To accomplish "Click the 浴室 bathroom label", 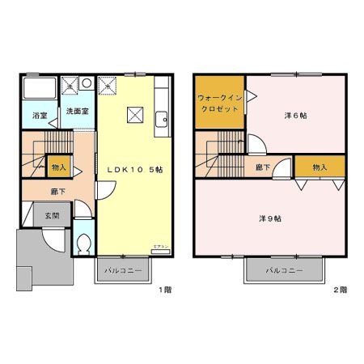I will [39, 116].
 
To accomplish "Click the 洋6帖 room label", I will [295, 116].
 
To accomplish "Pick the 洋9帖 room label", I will [269, 218].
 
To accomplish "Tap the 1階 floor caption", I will [165, 289].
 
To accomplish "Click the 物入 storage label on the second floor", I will [320, 167].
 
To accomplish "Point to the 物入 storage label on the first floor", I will [58, 167].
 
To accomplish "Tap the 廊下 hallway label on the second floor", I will [262, 167].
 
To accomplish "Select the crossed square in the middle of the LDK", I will [134, 114].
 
